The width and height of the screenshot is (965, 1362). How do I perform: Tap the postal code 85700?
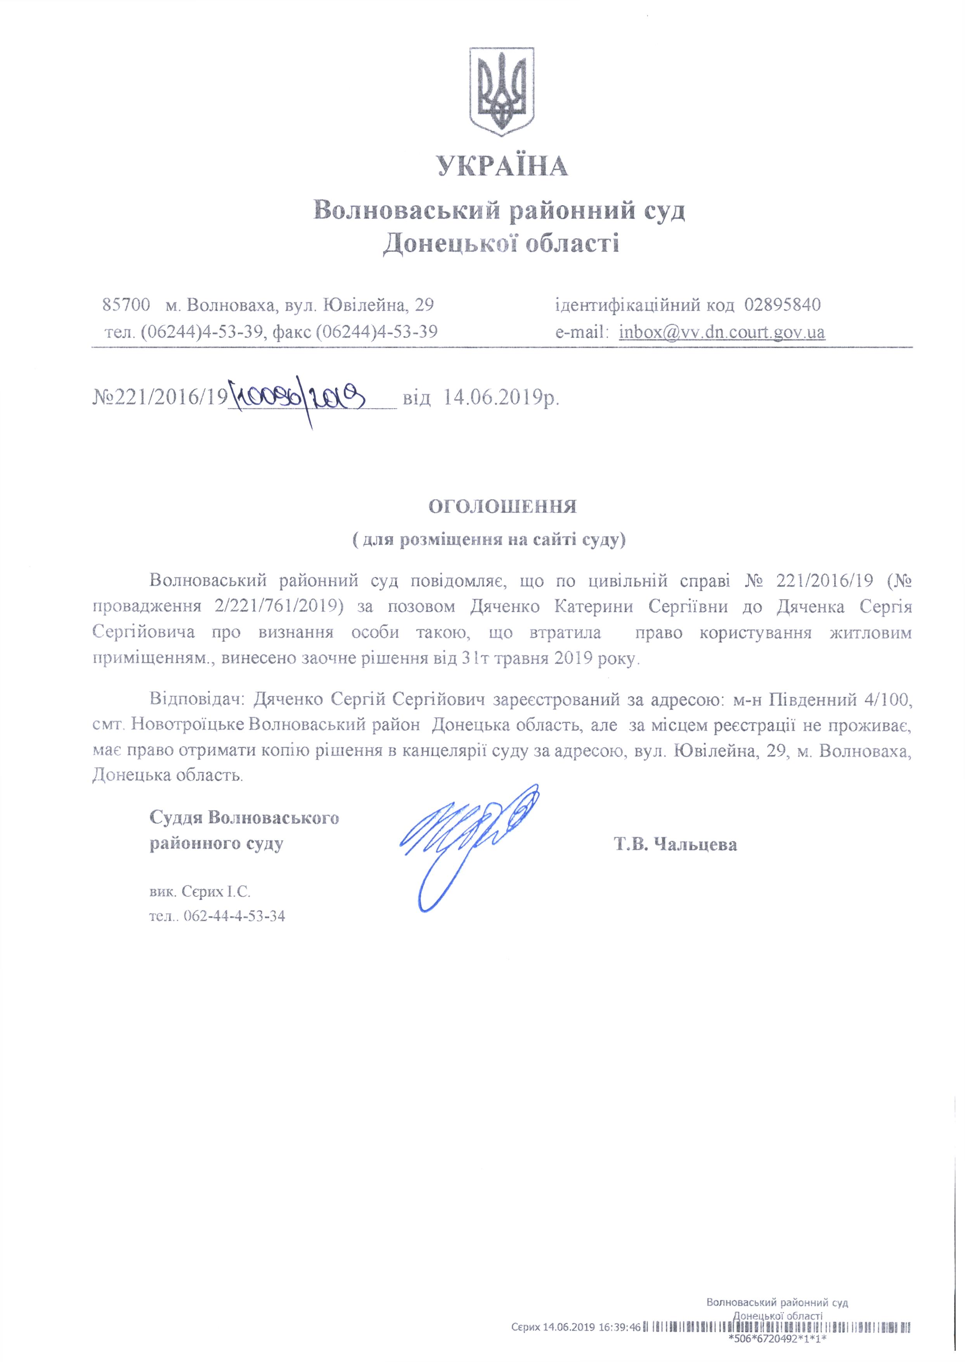pos(125,305)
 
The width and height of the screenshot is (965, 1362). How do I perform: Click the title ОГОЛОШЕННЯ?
pos(503,507)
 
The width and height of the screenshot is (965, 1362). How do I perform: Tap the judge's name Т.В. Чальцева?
pos(676,844)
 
